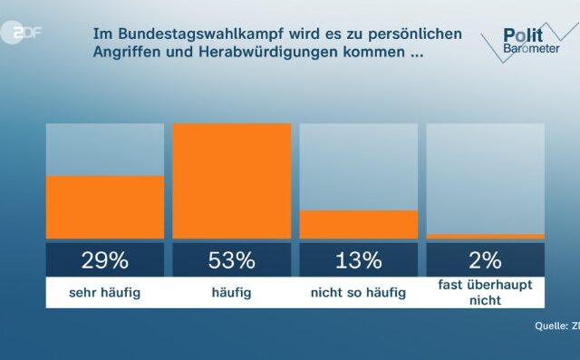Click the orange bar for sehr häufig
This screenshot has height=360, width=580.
(x=105, y=207)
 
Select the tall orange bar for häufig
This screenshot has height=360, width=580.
(x=232, y=181)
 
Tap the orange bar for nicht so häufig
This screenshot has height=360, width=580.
(x=359, y=224)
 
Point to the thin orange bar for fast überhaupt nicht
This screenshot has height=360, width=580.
(x=486, y=236)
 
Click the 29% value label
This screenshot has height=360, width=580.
(x=105, y=261)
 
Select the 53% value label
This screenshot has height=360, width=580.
(x=232, y=261)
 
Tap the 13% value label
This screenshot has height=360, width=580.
(x=359, y=261)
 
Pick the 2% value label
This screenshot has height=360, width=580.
(x=486, y=261)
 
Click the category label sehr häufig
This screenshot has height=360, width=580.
(x=105, y=292)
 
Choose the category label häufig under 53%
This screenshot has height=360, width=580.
(x=232, y=292)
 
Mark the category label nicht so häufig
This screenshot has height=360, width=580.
(x=359, y=292)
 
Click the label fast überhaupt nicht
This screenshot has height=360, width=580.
(x=486, y=292)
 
